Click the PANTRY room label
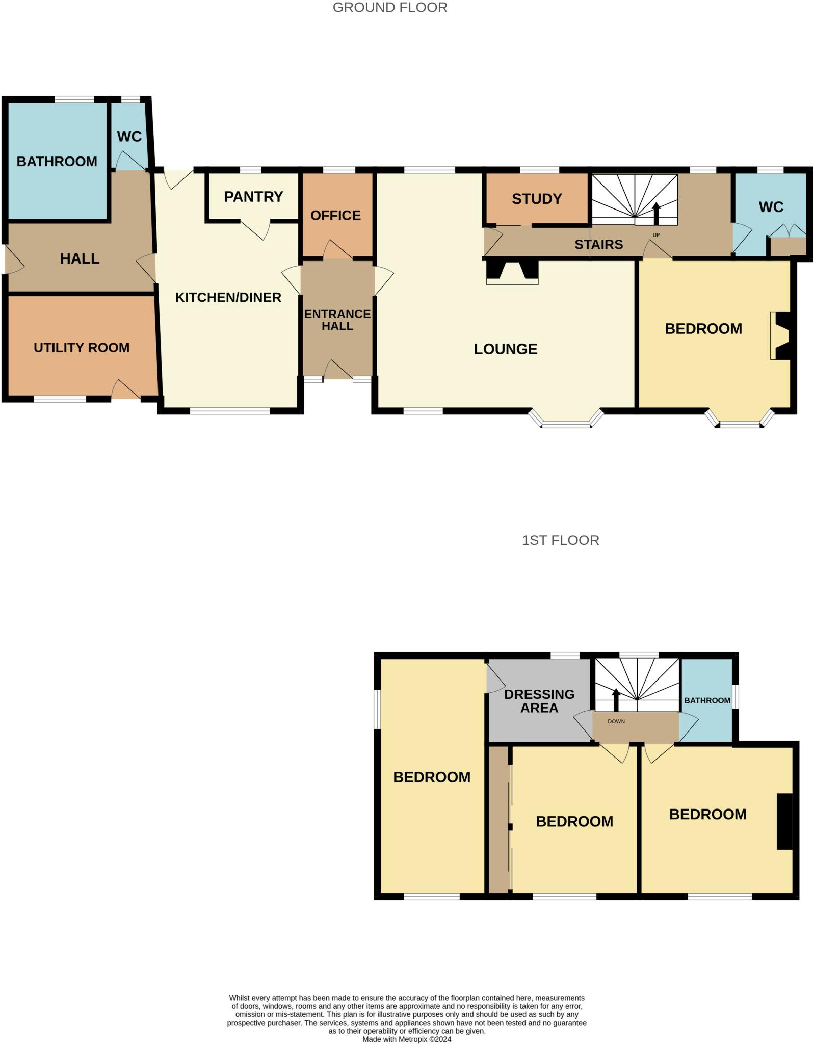point(253,197)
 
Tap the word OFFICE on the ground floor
point(335,216)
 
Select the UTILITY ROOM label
point(82,348)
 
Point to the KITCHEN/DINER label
point(228,297)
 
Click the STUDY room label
point(537,199)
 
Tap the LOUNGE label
point(505,349)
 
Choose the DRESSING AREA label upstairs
point(539,701)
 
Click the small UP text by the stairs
point(656,235)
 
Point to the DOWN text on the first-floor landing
point(616,721)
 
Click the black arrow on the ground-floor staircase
point(656,213)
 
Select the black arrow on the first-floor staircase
point(616,699)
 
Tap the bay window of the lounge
point(566,423)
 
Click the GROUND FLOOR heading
point(390,8)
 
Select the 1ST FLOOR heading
point(560,540)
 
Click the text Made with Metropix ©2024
point(406,1039)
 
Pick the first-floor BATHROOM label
point(707,700)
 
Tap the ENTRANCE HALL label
point(337,320)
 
